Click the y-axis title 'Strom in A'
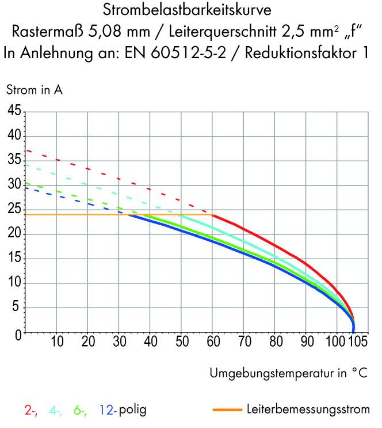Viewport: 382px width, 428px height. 35,90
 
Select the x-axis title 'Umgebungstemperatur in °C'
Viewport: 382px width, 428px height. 288,373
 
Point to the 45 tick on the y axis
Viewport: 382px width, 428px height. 14,111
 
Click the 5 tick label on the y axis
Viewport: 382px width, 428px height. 17,308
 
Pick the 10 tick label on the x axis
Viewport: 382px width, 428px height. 56,343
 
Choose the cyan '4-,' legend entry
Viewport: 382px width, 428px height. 56,411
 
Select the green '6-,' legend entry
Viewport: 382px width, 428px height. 81,411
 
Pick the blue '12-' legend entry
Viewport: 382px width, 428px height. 108,411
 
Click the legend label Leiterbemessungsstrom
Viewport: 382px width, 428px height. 307,410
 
